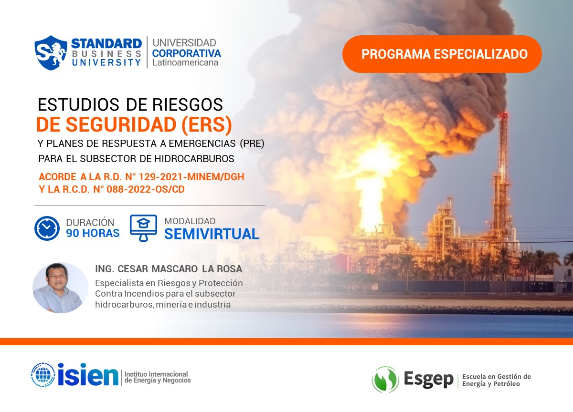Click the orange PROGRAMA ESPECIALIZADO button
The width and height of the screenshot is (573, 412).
[442, 54]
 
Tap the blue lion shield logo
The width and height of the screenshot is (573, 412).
[51, 52]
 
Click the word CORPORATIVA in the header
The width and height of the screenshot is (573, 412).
[186, 53]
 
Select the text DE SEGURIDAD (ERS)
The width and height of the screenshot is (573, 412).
[134, 124]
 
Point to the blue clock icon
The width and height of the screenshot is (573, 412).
[47, 228]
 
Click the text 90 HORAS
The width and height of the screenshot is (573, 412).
[93, 233]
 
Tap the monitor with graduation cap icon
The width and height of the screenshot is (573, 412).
[143, 227]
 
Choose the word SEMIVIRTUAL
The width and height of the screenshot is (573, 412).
[212, 234]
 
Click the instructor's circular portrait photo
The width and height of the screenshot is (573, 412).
[60, 288]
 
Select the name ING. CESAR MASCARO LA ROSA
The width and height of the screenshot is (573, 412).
[169, 269]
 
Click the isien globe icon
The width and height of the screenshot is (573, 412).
[43, 375]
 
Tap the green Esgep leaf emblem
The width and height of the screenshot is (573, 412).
[385, 380]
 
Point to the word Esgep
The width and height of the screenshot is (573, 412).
[428, 380]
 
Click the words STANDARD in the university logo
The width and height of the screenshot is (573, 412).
[106, 43]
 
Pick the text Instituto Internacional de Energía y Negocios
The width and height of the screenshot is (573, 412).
[157, 377]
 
